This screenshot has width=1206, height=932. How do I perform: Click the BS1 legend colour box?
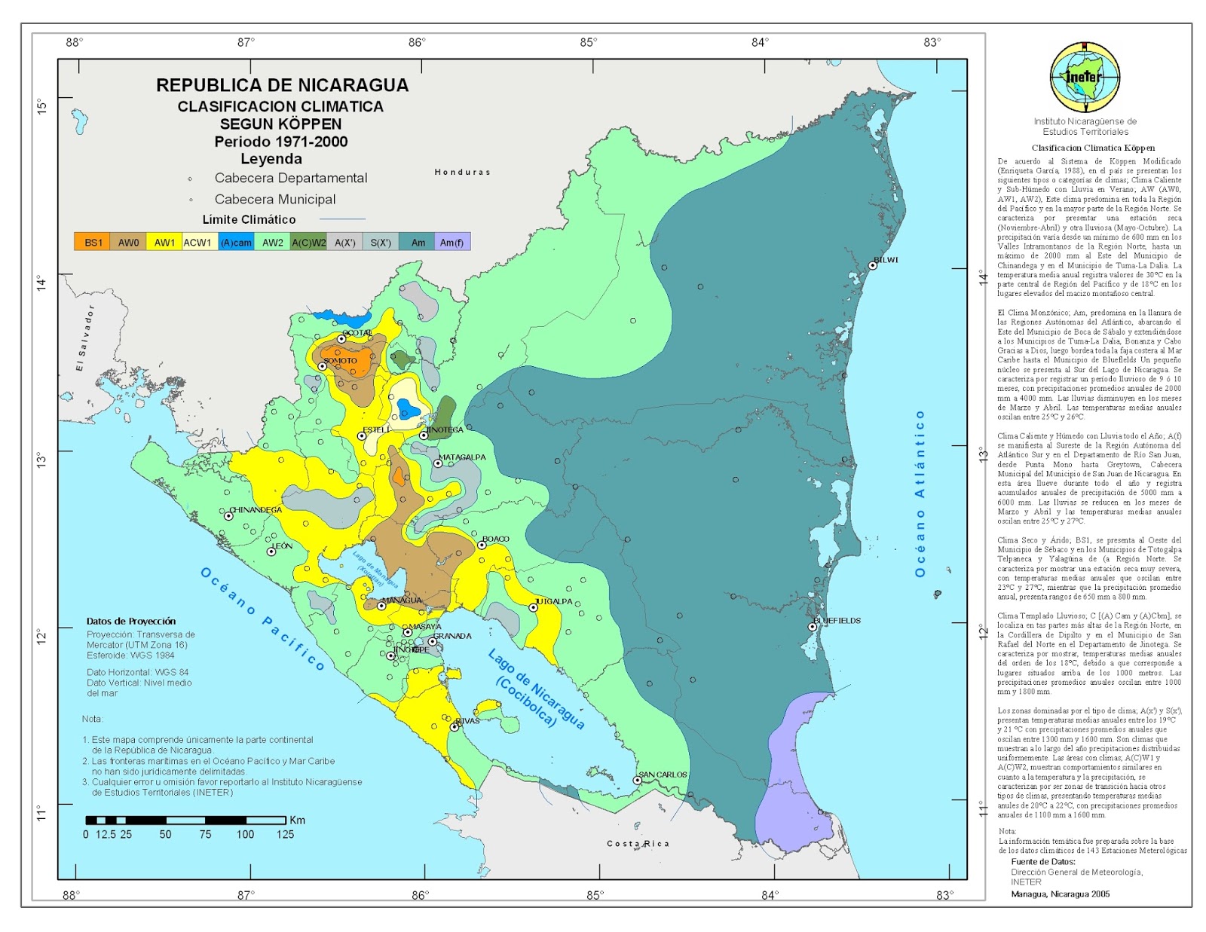(92, 242)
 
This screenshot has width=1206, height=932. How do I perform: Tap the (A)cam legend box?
(236, 242)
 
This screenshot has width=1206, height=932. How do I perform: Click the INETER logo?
(1085, 78)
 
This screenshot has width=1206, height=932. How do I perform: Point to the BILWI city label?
(886, 260)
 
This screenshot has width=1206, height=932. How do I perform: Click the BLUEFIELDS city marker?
(813, 627)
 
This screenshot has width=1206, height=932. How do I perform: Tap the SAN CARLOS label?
(663, 775)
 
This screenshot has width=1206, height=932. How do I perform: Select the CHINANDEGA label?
(256, 510)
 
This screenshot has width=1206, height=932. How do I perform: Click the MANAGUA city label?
(402, 600)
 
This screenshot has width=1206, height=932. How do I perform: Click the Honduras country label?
(462, 173)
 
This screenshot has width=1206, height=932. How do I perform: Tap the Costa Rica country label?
(638, 844)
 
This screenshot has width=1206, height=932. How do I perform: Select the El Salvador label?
(84, 338)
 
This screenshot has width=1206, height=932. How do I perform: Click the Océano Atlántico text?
(920, 494)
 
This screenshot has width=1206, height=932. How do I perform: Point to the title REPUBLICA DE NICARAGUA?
(282, 85)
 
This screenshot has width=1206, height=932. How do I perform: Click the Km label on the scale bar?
(297, 820)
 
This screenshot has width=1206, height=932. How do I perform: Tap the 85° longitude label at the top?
(589, 42)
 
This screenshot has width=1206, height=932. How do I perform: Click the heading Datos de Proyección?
(131, 621)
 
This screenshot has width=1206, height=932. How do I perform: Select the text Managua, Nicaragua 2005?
(1060, 894)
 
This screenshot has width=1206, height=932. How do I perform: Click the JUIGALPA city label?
(554, 601)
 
